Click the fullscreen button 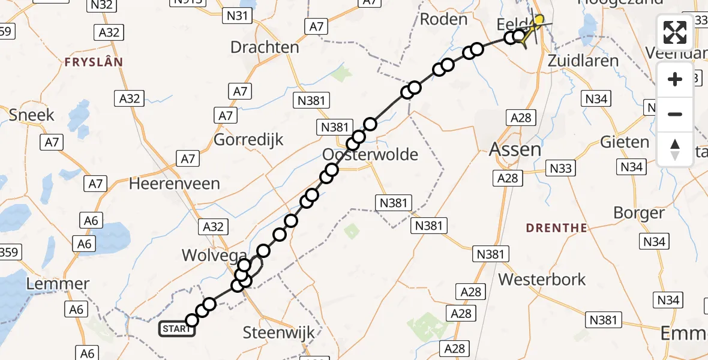click(675, 32)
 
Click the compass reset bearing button click(675, 149)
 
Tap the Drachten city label click(265, 47)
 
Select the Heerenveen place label click(175, 184)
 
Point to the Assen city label click(515, 149)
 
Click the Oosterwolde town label click(370, 155)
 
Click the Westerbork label click(542, 279)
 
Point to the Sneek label click(32, 115)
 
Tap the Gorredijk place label click(248, 139)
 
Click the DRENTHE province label click(556, 228)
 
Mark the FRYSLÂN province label click(94, 62)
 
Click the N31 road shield click(236, 16)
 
